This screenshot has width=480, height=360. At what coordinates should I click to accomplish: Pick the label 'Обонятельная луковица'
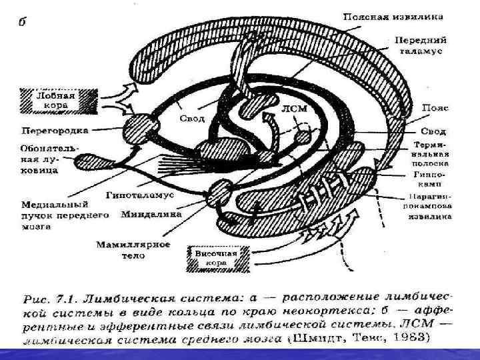pos(38,158)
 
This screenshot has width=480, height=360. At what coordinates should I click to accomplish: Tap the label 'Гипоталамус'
pos(139,195)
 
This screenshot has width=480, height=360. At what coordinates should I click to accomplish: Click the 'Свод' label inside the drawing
pos(193,119)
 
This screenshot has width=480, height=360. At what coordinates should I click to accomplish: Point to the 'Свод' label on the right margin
pos(434,131)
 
